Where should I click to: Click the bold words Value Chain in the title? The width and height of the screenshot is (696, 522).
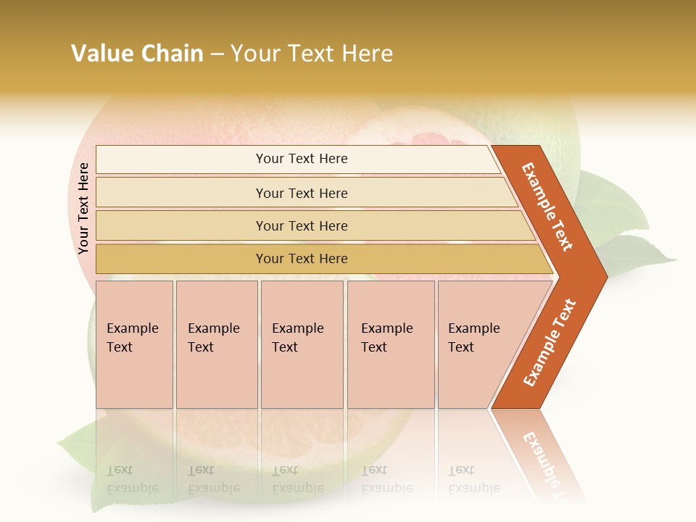tap(137, 54)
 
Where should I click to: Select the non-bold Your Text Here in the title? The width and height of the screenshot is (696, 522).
tap(312, 54)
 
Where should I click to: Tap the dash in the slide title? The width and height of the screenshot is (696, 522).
tap(217, 54)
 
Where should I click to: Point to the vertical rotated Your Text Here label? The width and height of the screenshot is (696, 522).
tap(83, 208)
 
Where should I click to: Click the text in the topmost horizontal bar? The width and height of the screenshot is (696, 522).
tap(302, 159)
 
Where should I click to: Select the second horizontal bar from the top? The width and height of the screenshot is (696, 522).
tap(302, 193)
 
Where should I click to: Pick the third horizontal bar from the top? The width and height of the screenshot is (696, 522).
tap(302, 225)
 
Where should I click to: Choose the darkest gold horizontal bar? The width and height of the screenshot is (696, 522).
tap(302, 259)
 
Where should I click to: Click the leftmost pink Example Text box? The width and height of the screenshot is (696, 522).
tap(134, 344)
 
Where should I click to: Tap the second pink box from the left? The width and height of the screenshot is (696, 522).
tap(217, 344)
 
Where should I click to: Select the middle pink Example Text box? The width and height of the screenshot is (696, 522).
tap(302, 344)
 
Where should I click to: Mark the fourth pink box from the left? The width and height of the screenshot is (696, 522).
tap(391, 344)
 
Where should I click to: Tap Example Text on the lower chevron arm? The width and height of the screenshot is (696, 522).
tap(550, 342)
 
